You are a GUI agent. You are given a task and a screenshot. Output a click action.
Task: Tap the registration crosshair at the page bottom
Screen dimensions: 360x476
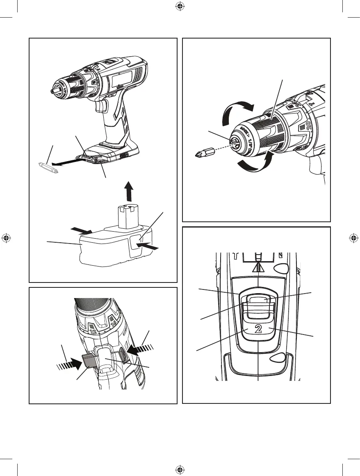tap(180, 469)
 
